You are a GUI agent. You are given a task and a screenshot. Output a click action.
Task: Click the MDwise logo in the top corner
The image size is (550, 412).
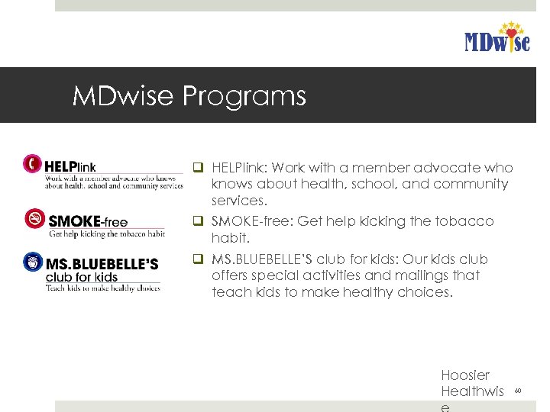pyautogui.click(x=497, y=37)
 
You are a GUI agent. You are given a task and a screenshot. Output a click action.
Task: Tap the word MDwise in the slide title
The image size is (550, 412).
pyautogui.click(x=125, y=96)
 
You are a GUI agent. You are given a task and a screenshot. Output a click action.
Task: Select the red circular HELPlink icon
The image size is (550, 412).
pyautogui.click(x=33, y=163)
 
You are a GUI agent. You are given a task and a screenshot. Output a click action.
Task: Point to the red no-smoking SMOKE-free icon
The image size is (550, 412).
pyautogui.click(x=35, y=219)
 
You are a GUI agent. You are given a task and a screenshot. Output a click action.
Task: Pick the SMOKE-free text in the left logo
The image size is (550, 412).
pyautogui.click(x=88, y=222)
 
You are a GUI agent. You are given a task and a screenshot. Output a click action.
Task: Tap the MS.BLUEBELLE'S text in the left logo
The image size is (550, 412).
pyautogui.click(x=102, y=263)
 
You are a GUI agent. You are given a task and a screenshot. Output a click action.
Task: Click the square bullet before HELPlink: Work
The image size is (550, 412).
pyautogui.click(x=197, y=168)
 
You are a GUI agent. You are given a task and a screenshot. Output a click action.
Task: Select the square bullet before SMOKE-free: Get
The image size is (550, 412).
pyautogui.click(x=197, y=221)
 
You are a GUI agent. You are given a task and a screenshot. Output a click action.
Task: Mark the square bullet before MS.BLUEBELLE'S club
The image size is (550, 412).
pyautogui.click(x=197, y=259)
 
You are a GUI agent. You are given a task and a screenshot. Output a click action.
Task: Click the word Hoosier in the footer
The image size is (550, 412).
pyautogui.click(x=464, y=375)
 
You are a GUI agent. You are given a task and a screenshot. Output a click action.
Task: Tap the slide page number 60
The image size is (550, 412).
pyautogui.click(x=517, y=391)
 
